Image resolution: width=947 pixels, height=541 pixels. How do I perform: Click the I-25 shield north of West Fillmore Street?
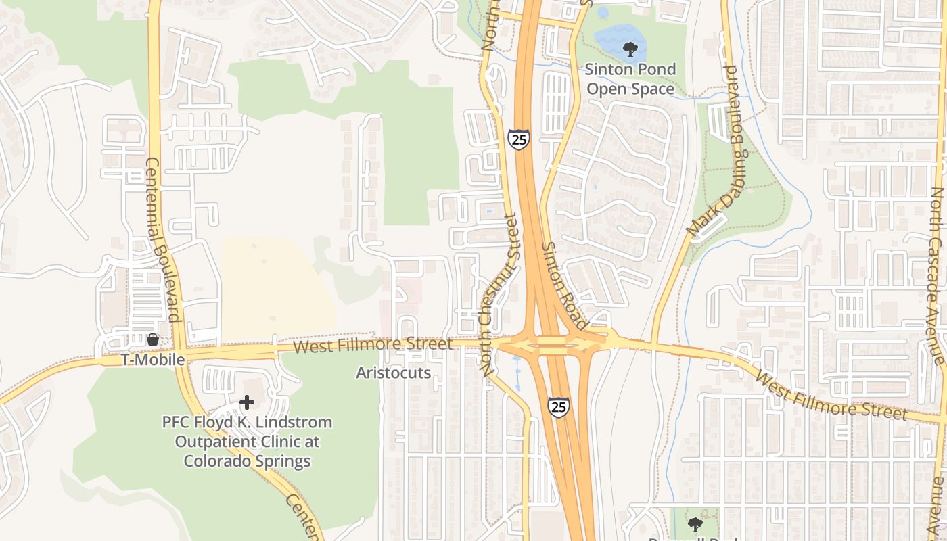(519, 140)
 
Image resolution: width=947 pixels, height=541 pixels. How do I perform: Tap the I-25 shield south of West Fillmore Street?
(559, 406)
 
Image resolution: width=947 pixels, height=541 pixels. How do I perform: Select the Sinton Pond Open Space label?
(630, 79)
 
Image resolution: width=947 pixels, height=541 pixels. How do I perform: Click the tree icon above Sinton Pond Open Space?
(630, 49)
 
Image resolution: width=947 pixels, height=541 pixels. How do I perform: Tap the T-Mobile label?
(153, 360)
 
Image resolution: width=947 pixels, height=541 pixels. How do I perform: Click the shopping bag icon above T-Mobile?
(153, 339)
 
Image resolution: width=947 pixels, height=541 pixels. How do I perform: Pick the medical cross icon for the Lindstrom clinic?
(247, 402)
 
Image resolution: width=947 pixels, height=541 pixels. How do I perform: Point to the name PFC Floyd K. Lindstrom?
(247, 423)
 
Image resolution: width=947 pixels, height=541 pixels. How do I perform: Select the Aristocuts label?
(393, 373)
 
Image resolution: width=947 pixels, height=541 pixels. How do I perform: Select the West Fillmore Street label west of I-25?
(373, 346)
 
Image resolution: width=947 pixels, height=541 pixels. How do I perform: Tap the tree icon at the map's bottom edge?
(695, 524)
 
